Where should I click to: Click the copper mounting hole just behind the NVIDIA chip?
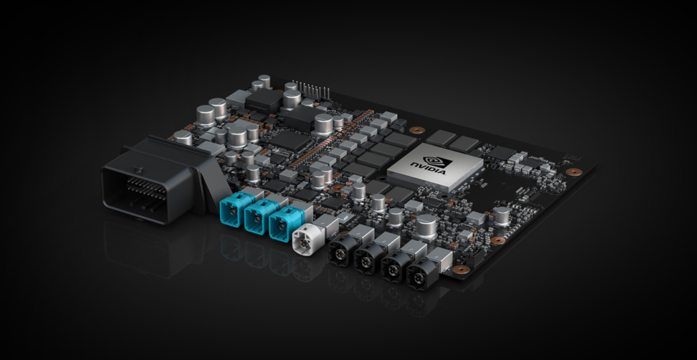pyautogui.click(x=416, y=130)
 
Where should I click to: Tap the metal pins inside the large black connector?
pyautogui.click(x=142, y=186)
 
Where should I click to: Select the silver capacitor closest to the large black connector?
pyautogui.click(x=182, y=137)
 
